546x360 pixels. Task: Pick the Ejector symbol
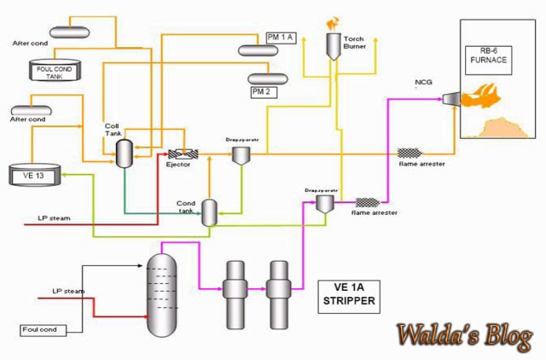coord(183,154)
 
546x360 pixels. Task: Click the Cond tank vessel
coord(209,212)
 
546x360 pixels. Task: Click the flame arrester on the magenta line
coord(368,203)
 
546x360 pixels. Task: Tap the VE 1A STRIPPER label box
coord(351,293)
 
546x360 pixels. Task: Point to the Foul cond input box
coord(40,329)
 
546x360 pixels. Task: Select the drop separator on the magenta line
coord(322,201)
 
